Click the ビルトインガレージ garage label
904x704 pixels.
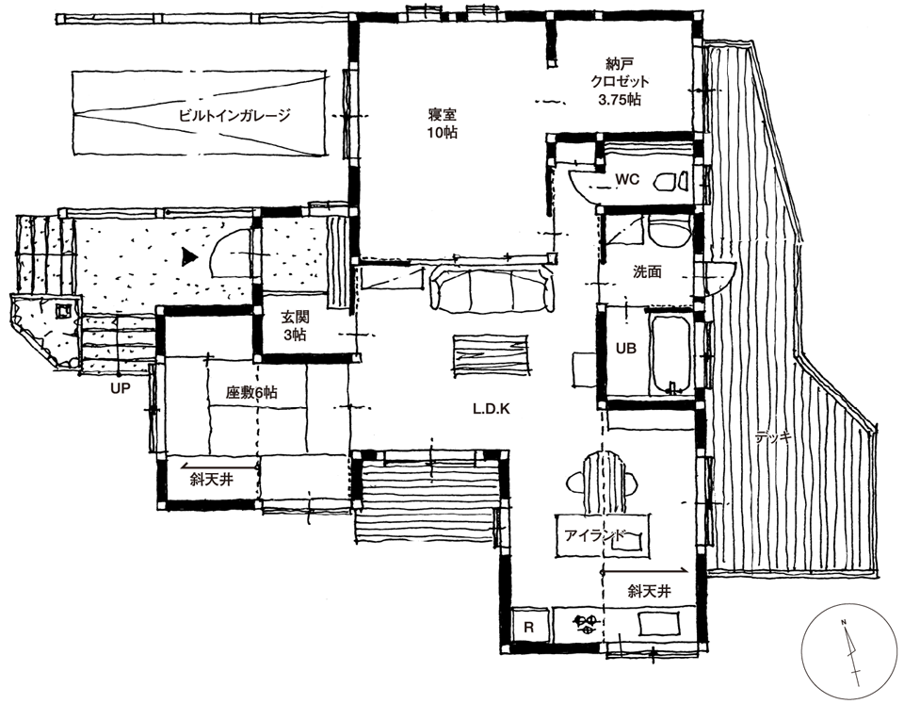point(234,115)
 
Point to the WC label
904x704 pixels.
point(627,179)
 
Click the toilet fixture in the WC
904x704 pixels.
point(671,181)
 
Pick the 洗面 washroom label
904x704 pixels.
point(647,271)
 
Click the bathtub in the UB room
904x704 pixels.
point(670,353)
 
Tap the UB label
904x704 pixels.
point(626,348)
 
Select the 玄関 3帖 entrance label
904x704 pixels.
point(295,325)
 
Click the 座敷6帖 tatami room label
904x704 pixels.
point(251,393)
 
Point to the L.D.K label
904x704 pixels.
point(492,409)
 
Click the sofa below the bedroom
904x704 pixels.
point(492,288)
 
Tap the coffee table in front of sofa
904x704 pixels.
point(490,356)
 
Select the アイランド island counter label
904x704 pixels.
point(595,535)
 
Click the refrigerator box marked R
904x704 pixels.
point(529,628)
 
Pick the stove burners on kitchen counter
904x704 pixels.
point(588,625)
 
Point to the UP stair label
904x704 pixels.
point(120,387)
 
